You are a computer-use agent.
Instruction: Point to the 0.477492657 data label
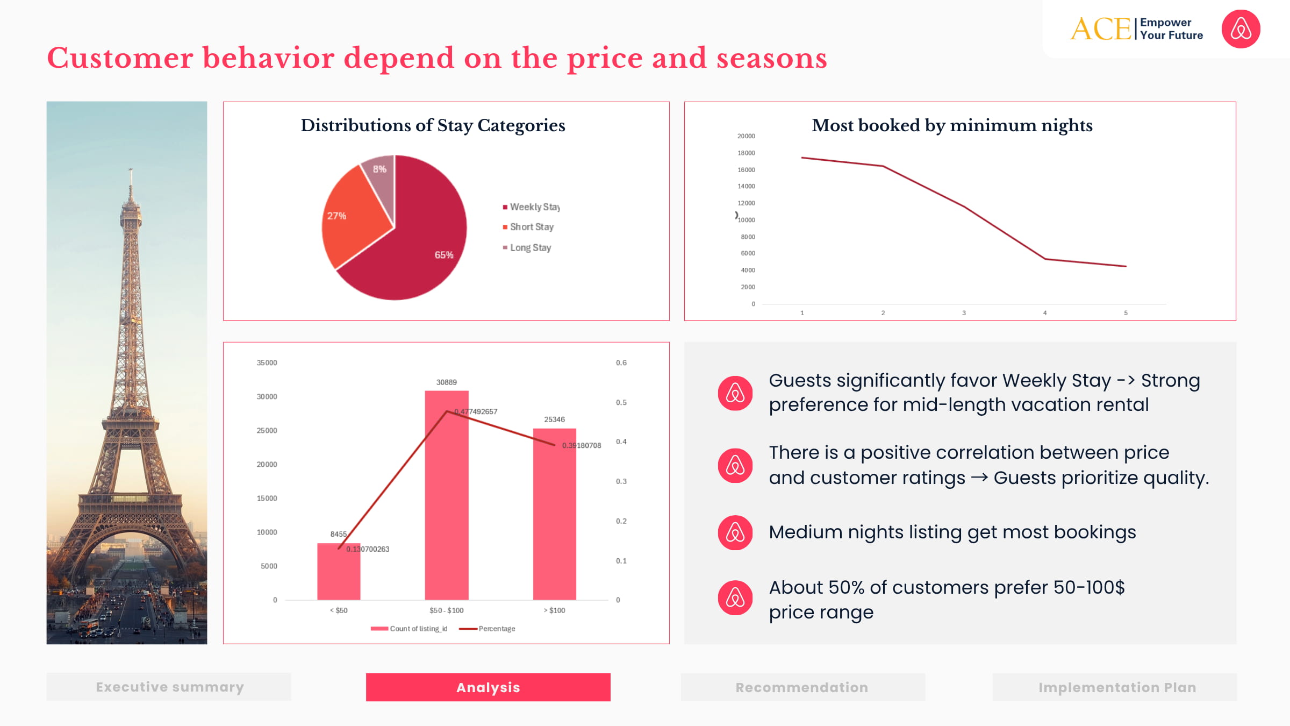(x=476, y=412)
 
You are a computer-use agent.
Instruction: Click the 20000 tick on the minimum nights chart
(x=746, y=137)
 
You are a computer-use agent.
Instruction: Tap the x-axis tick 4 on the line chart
(x=1045, y=313)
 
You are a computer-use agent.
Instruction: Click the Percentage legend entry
(x=496, y=629)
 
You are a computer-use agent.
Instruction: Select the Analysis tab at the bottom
(x=488, y=687)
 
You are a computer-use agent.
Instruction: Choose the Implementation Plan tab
(x=1117, y=687)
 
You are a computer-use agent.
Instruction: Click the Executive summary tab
(x=169, y=687)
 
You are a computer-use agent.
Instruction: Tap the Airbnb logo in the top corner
(x=1241, y=29)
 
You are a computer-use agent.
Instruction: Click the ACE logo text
(x=1101, y=29)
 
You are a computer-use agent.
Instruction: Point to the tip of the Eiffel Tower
(x=130, y=170)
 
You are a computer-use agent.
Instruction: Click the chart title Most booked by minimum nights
(x=952, y=125)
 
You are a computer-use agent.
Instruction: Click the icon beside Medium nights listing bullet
(x=735, y=533)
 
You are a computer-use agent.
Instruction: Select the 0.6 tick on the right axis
(x=621, y=363)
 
